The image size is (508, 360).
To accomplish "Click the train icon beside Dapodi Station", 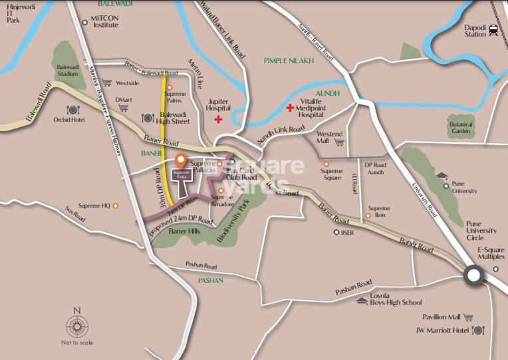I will (493, 29).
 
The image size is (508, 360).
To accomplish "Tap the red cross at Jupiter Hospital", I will (218, 119).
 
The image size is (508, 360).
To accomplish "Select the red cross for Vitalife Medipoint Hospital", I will (289, 108).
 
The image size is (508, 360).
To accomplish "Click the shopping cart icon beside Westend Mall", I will (340, 141).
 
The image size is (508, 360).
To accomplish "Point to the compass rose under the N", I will (77, 327).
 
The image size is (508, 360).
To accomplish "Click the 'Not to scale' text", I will (77, 343).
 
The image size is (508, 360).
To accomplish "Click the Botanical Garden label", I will (460, 128).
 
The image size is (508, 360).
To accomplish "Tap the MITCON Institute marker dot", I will (84, 22).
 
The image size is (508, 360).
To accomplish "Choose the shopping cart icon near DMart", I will (123, 106).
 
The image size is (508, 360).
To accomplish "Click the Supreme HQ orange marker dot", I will (115, 206).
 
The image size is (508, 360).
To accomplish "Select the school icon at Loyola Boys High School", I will (362, 301).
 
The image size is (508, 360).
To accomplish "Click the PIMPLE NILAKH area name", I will (287, 60).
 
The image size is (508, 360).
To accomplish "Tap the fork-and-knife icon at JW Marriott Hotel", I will (477, 331).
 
